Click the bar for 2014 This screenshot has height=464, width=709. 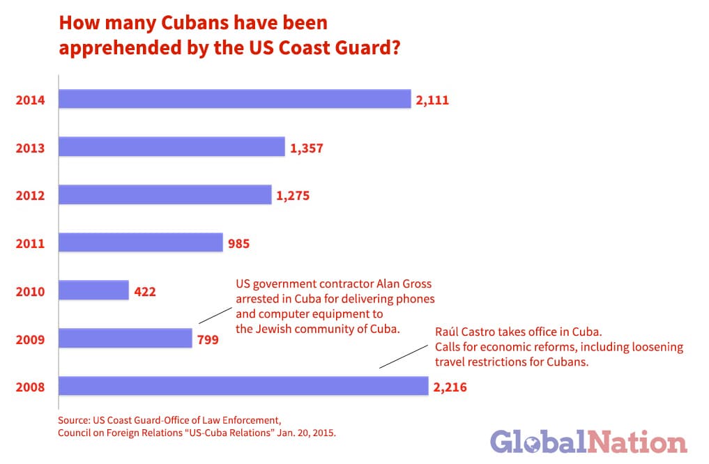234,100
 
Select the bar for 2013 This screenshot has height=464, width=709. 171,147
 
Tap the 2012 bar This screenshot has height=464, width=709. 165,195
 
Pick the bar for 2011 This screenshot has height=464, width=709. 140,243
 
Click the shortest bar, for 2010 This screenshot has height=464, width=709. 93,291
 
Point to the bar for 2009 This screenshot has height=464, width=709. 125,339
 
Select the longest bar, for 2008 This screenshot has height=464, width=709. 243,387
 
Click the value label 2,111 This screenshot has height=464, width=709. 432,100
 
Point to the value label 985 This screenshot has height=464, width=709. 238,244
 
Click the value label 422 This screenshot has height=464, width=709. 145,291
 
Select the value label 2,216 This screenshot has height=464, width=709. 450,387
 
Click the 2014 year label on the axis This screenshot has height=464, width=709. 31,100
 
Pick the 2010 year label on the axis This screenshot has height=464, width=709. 31,291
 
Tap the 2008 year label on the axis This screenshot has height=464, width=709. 31,387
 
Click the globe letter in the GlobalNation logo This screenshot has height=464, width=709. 531,444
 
